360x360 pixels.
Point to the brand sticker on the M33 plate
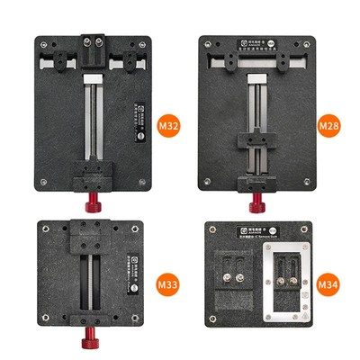pos(125,273)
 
